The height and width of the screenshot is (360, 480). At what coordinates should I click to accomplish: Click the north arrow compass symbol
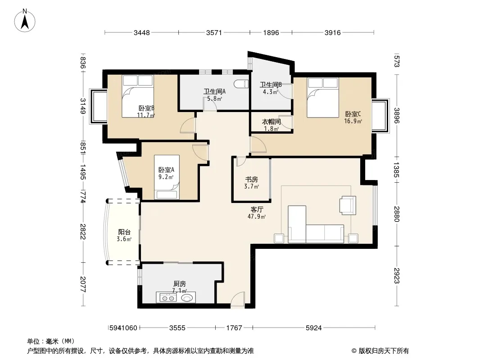pos(25,21)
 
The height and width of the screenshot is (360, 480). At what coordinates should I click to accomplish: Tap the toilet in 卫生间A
pos(241,84)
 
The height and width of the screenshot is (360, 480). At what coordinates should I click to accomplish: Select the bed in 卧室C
pos(323,97)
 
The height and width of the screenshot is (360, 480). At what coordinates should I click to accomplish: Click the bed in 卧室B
pos(138,96)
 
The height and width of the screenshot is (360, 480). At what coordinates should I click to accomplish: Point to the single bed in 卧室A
pos(167,177)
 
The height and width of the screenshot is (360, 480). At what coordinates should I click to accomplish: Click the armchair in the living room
pos(348,205)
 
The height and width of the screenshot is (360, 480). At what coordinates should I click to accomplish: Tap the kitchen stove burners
pos(167,298)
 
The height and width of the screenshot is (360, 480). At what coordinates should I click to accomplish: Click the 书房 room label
pos(251,180)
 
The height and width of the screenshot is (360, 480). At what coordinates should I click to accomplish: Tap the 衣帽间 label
pos(271,122)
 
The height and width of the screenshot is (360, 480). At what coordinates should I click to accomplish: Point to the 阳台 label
pos(124,232)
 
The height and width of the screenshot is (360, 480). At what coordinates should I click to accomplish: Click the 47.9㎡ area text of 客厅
pos(257,216)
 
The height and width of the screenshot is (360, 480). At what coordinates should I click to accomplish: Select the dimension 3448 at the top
pos(142,32)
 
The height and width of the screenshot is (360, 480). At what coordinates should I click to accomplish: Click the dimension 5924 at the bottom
pos(314,328)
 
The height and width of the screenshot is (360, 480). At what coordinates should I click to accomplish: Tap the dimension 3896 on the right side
pos(397,116)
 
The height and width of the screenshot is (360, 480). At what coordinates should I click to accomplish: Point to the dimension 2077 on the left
pos(83,284)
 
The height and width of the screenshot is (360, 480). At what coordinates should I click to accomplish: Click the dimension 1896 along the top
pos(271,32)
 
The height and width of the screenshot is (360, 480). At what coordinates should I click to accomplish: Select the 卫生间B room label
pos(271,85)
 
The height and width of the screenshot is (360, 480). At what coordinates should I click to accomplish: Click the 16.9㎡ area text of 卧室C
pos(353,121)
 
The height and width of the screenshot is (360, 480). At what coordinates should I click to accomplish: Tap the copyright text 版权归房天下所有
pos(384,351)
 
